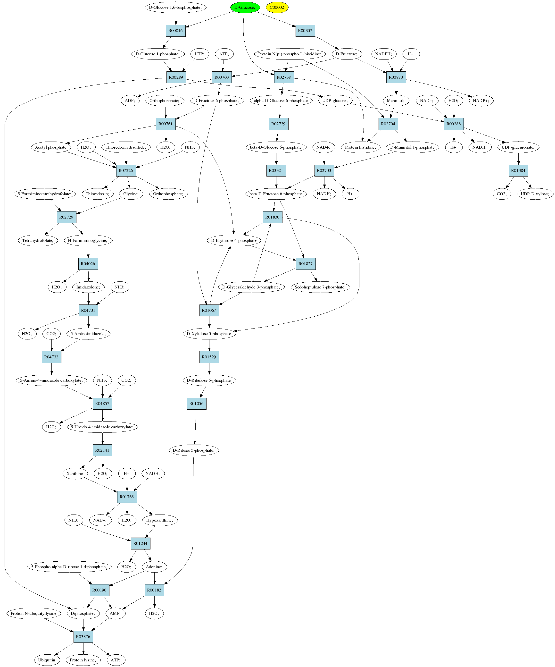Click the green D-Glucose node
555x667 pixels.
point(245,7)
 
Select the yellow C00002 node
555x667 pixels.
point(277,7)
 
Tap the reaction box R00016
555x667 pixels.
point(176,31)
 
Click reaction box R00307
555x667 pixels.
point(305,31)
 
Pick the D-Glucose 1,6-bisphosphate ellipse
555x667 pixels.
point(176,7)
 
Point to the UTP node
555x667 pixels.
point(199,54)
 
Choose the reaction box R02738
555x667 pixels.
point(284,77)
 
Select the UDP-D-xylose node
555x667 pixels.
point(535,194)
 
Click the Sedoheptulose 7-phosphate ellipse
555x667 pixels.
point(320,287)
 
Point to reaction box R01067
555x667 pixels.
point(209,310)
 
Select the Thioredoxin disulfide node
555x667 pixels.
point(126,147)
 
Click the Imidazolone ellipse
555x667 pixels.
point(88,287)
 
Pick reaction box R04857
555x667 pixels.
point(102,404)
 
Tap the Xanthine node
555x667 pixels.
point(75,473)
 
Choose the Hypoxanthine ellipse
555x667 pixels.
point(160,520)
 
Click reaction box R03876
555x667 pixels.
point(83,637)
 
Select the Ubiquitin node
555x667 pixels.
point(47,660)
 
